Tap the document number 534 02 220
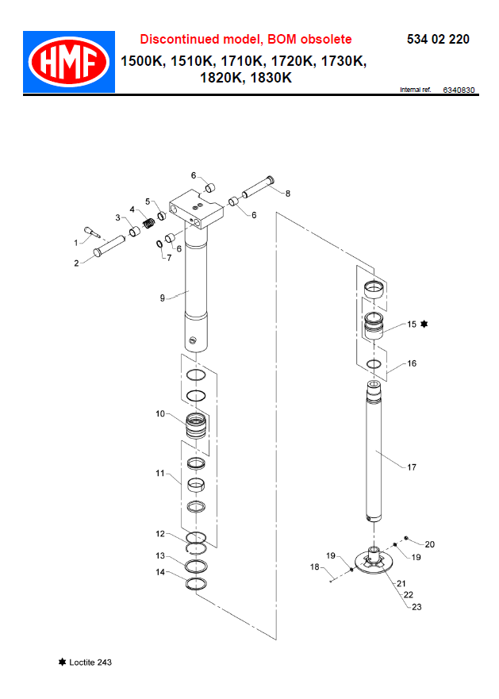(x=437, y=39)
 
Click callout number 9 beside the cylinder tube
(x=162, y=298)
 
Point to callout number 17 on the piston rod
(x=411, y=467)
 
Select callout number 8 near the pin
(x=287, y=193)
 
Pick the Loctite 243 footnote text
(x=90, y=662)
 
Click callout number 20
(x=430, y=544)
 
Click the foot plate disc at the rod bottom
(x=373, y=562)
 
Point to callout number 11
(x=159, y=474)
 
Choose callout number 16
(x=411, y=363)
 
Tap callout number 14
(x=159, y=572)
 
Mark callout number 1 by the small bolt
(x=78, y=242)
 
